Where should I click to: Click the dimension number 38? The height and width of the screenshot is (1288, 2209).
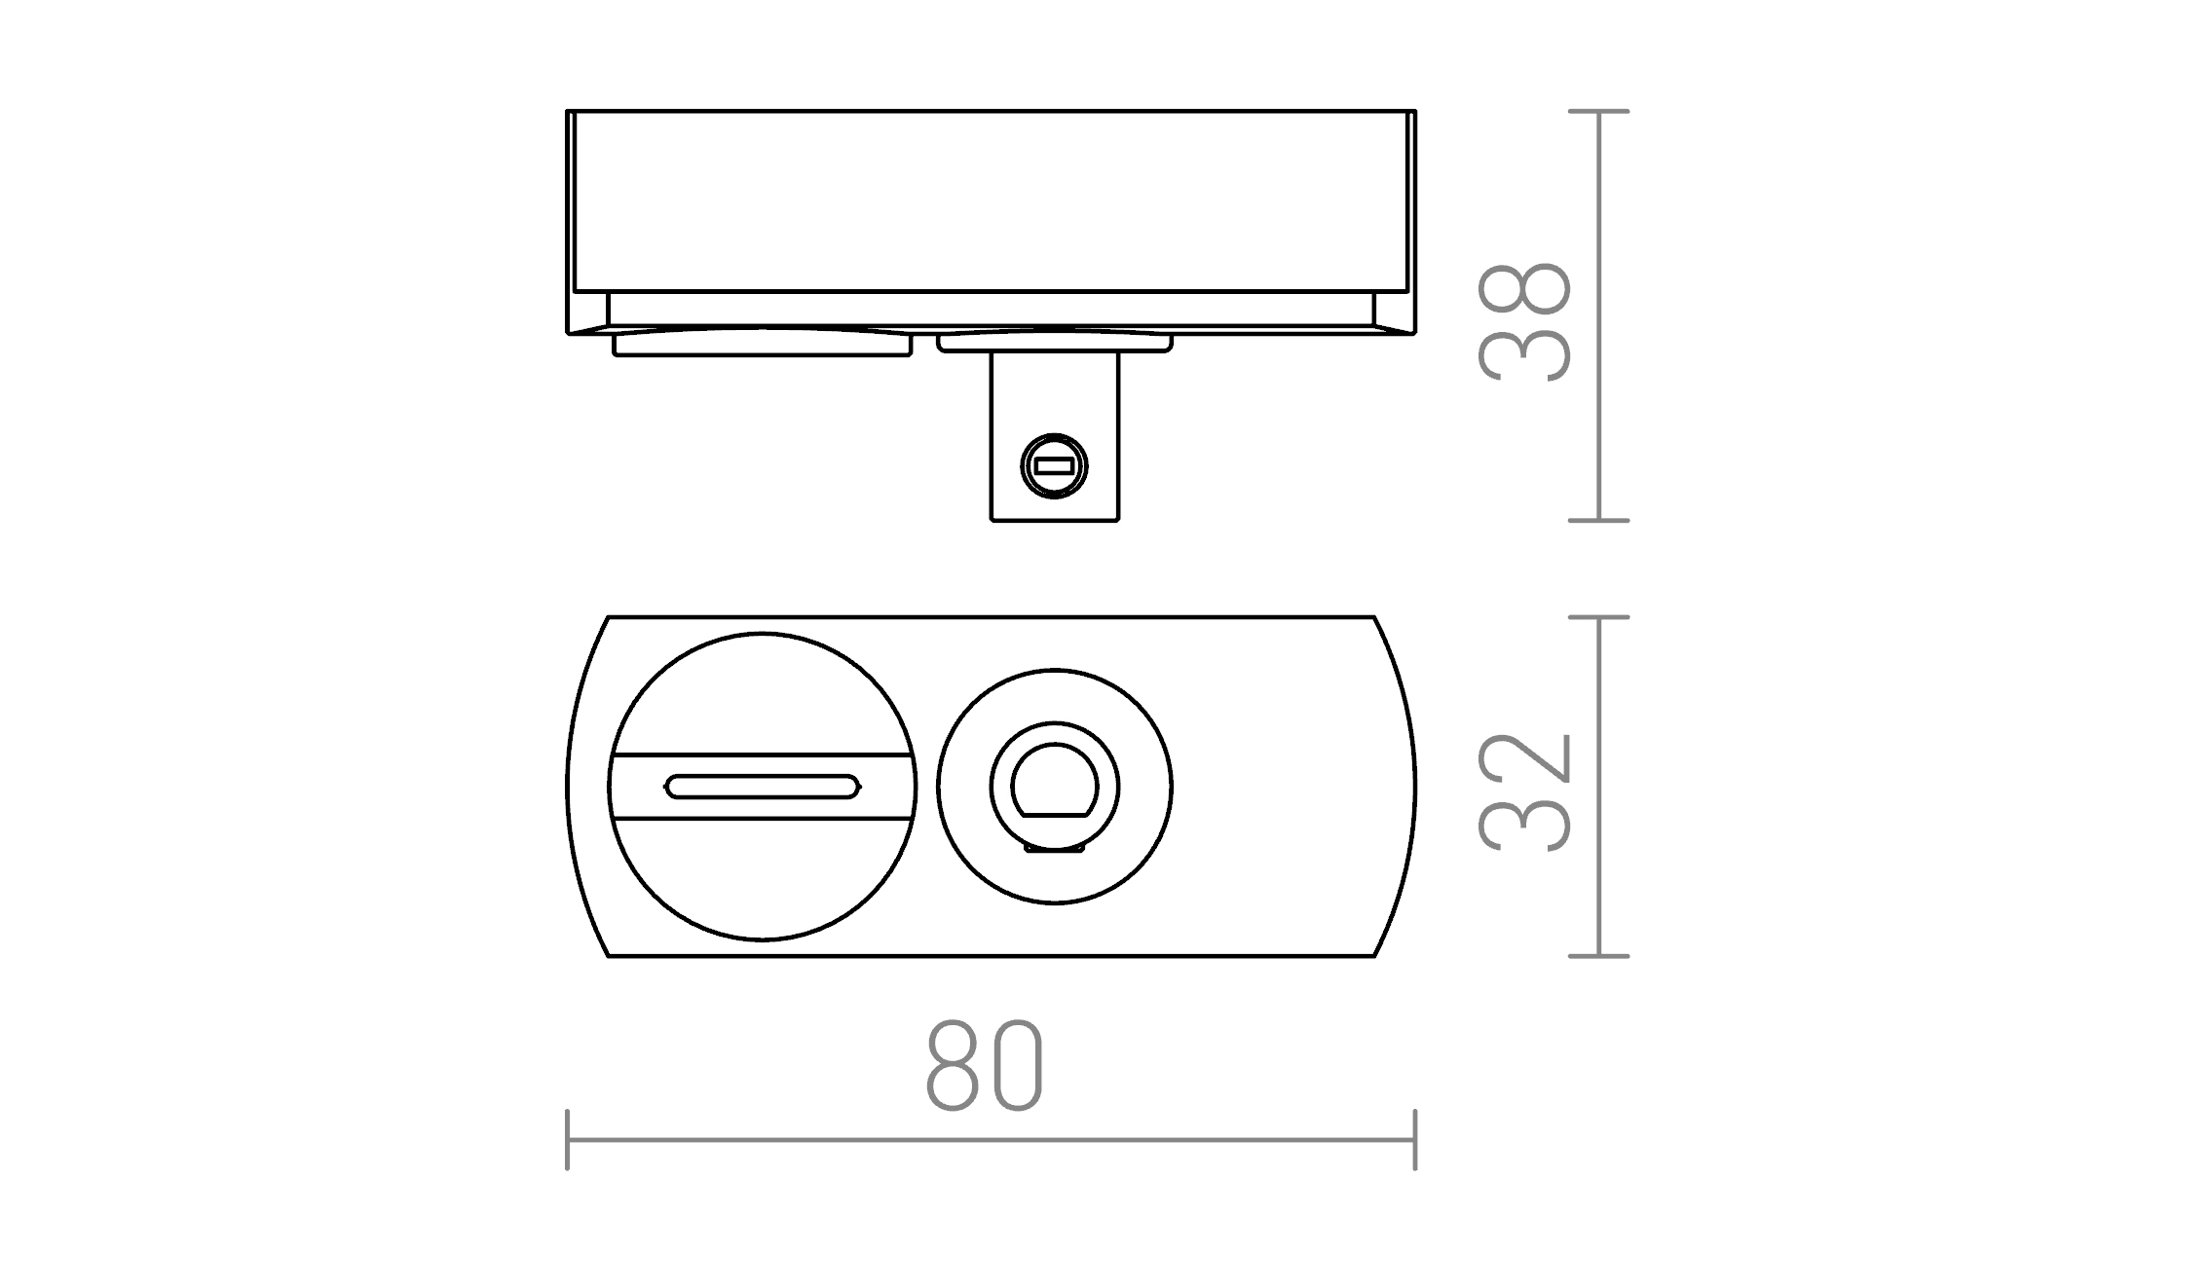1524,322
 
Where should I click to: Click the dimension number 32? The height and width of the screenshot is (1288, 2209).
1524,791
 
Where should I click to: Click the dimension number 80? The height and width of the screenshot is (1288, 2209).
984,1066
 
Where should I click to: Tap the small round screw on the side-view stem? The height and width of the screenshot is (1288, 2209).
1054,466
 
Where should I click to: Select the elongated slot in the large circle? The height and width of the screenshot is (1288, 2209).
763,787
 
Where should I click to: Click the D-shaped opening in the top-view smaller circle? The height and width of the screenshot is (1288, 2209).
1055,782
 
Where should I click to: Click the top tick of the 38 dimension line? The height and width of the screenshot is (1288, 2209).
1599,112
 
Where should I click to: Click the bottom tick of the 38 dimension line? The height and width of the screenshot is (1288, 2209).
1599,521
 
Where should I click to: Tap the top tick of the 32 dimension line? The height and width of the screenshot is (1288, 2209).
1599,617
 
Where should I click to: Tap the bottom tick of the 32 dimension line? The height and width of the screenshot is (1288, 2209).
1599,956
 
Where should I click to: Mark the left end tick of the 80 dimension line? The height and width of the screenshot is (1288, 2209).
568,1139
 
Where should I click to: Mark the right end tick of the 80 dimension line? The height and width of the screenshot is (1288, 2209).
1414,1139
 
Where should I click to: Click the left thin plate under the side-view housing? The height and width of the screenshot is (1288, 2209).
762,345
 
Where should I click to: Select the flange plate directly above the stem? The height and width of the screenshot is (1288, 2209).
1055,344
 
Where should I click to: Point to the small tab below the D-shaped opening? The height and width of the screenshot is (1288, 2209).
1055,849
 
